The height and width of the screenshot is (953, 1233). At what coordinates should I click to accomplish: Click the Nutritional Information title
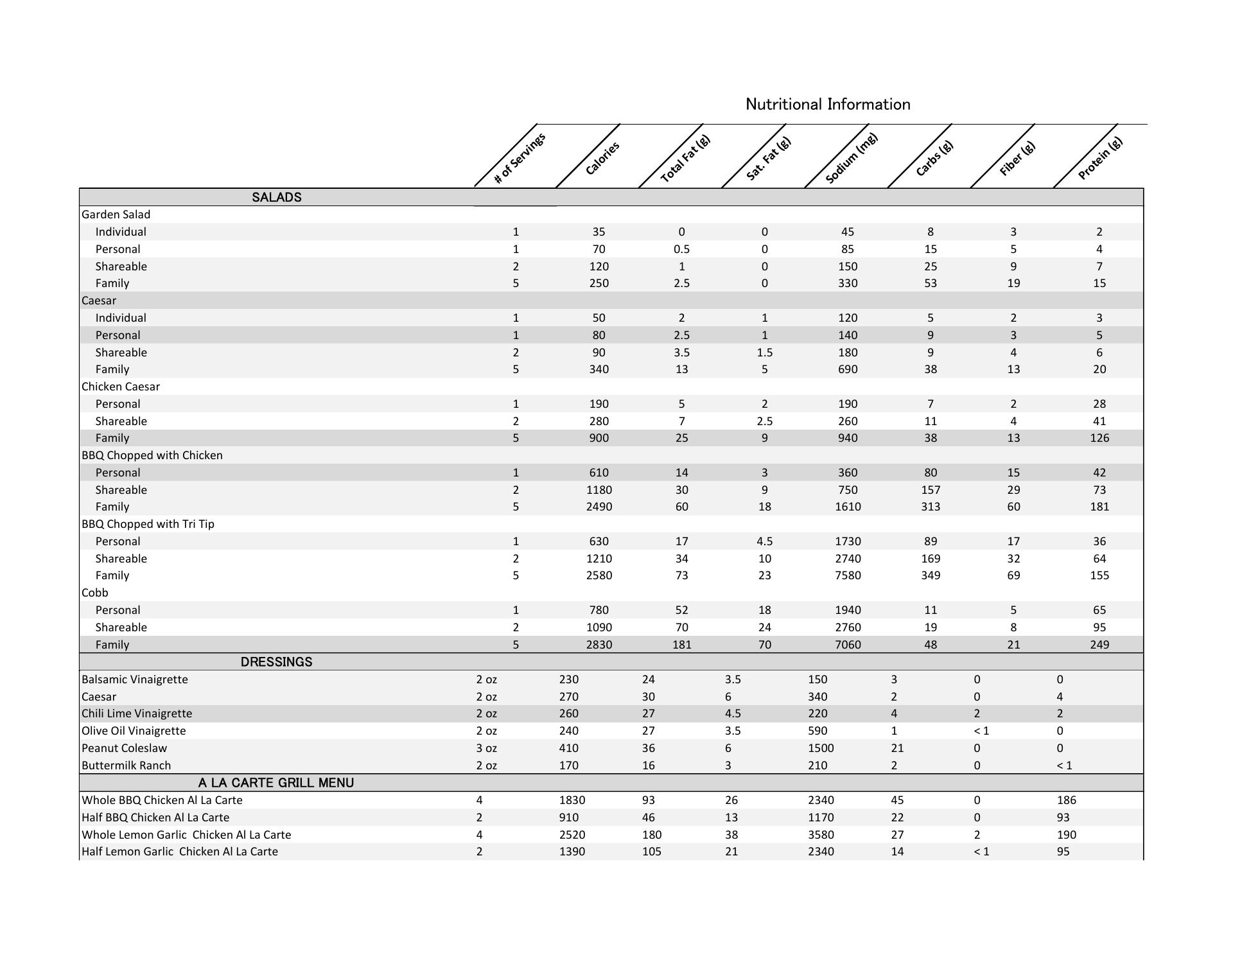click(827, 104)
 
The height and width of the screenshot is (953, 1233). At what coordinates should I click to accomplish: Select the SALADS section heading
click(276, 197)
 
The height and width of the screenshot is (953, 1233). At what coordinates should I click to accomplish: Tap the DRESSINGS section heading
click(276, 662)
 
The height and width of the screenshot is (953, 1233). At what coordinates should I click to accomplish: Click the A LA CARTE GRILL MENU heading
click(276, 783)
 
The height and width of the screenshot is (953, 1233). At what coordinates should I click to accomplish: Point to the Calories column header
click(602, 158)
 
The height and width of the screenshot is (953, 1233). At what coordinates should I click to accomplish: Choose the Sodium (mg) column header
click(851, 158)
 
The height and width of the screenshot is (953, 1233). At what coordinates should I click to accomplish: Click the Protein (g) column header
click(1099, 158)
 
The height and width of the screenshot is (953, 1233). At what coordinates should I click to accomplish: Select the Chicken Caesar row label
click(121, 387)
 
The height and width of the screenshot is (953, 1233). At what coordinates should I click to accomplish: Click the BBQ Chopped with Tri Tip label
click(148, 524)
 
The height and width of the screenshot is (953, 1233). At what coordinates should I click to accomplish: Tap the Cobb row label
click(95, 593)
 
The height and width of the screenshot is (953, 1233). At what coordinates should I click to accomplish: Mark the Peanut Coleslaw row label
click(125, 748)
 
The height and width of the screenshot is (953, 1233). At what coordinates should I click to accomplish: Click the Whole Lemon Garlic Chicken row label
click(186, 835)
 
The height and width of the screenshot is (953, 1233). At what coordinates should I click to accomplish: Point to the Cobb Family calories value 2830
click(599, 645)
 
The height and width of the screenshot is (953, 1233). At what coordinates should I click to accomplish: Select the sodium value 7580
click(848, 575)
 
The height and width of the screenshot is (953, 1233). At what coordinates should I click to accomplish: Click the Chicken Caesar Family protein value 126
click(1099, 438)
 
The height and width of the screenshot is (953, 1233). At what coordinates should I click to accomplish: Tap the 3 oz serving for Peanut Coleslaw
click(486, 748)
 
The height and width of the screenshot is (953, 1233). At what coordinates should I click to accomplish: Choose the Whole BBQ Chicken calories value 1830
click(572, 800)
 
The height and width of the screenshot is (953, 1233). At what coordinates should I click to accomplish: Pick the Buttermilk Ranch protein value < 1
click(1064, 765)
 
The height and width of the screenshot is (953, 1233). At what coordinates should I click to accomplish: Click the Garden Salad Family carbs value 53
click(930, 283)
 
